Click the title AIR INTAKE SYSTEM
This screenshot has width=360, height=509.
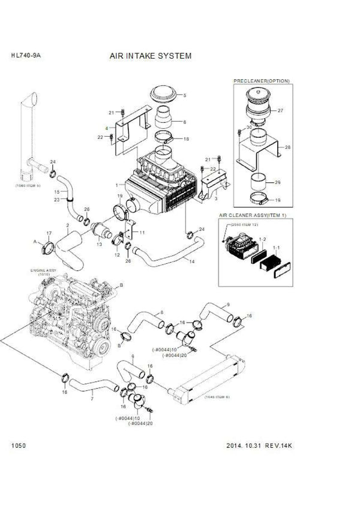coord(150,56)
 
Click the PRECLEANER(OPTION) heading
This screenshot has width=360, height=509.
coord(262,79)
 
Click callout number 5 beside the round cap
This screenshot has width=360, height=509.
coord(185,95)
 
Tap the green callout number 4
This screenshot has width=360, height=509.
coord(106,128)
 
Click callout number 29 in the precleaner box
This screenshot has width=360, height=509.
coord(277,182)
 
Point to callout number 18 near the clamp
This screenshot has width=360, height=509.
coord(185,138)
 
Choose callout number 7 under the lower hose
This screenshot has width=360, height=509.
coord(92,398)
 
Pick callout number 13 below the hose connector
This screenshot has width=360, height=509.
coord(100,245)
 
